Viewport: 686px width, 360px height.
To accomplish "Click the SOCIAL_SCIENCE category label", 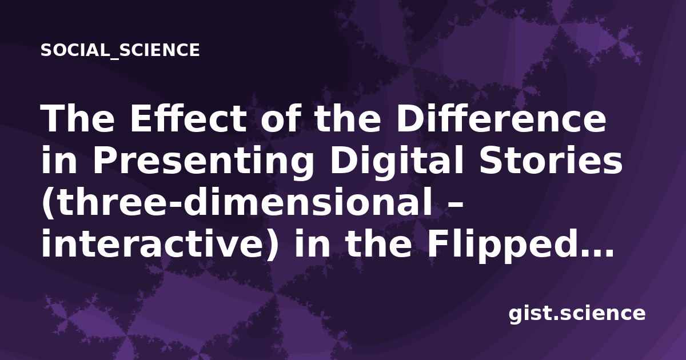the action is (x=120, y=50).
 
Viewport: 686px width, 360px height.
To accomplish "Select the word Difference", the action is (x=501, y=119).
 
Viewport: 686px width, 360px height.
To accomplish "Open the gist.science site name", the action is (x=577, y=314).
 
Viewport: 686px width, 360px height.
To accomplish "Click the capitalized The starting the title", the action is (x=78, y=119).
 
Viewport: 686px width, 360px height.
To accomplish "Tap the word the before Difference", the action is (x=348, y=119).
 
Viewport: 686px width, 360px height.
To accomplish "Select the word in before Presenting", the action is (x=59, y=161).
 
